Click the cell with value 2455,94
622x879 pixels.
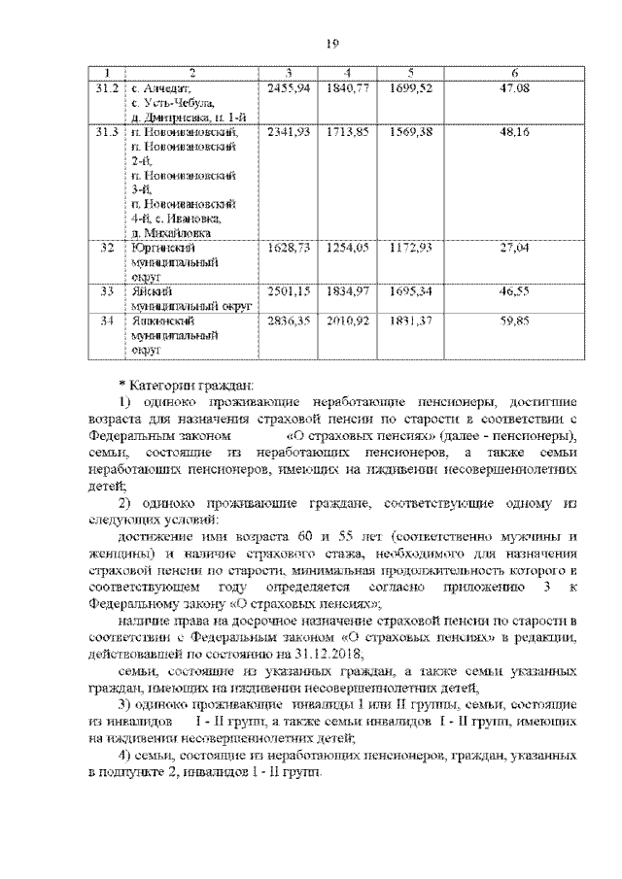(x=289, y=88)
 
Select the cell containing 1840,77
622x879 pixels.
(x=349, y=88)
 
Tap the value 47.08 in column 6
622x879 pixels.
(x=513, y=88)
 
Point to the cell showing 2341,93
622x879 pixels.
(x=289, y=131)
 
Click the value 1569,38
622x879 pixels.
(x=412, y=131)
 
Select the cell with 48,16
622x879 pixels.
(x=513, y=131)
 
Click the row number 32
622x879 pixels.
(x=107, y=248)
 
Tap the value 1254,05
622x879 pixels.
(x=349, y=248)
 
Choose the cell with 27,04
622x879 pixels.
(x=513, y=248)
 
